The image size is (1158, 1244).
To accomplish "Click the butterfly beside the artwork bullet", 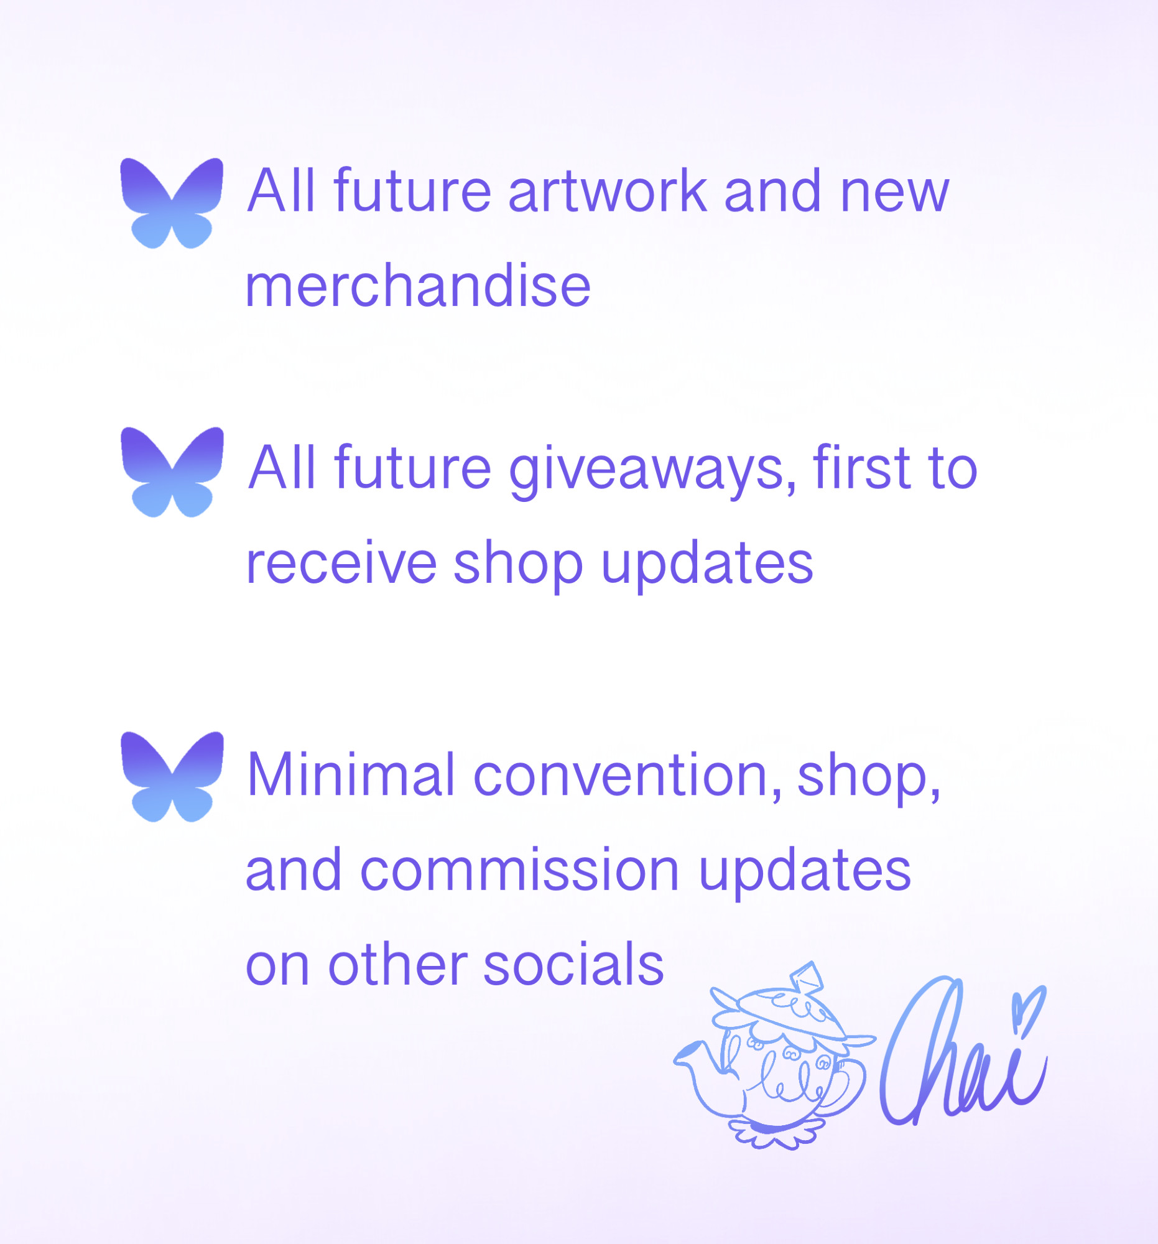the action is click(x=172, y=203).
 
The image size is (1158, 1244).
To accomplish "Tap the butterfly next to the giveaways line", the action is click(x=172, y=472).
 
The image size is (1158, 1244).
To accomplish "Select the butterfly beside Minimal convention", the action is click(x=172, y=776).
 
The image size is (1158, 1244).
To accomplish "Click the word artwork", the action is click(x=607, y=190).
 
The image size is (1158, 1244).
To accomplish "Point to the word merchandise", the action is click(x=418, y=285).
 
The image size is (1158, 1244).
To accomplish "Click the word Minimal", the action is click(x=351, y=775).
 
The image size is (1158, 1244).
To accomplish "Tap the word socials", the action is click(x=573, y=964).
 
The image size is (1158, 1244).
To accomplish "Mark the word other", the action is click(x=397, y=964).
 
